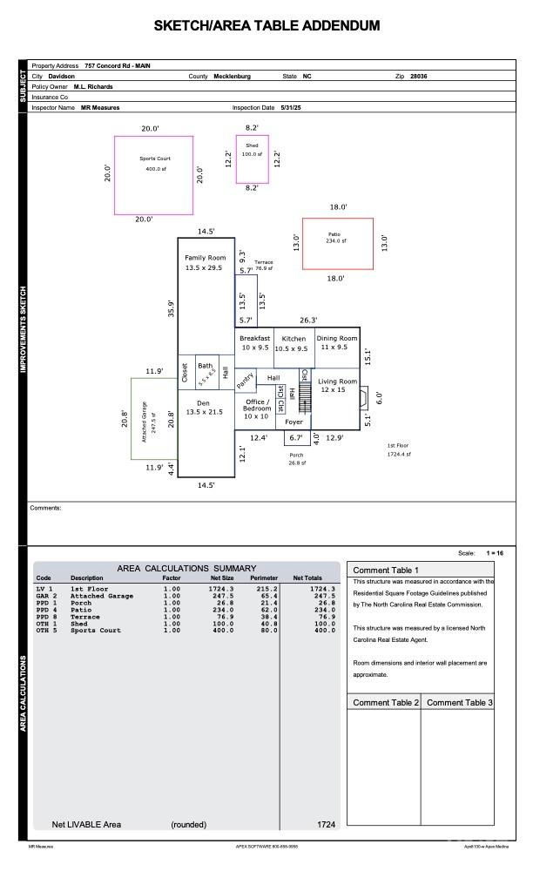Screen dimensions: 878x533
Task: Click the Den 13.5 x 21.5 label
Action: [x=204, y=408]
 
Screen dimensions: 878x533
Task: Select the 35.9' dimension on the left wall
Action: [x=171, y=308]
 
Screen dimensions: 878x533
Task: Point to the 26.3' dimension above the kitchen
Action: [x=308, y=320]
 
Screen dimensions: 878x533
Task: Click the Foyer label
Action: [x=294, y=422]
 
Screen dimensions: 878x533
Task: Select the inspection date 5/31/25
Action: [x=290, y=107]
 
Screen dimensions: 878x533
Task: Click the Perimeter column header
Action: [x=264, y=578]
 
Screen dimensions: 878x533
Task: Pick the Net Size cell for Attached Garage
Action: [x=221, y=596]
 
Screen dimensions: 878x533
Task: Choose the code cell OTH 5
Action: [x=46, y=631]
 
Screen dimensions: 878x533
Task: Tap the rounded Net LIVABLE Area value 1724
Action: [x=326, y=824]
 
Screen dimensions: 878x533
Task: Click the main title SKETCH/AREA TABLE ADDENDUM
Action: [x=266, y=26]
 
